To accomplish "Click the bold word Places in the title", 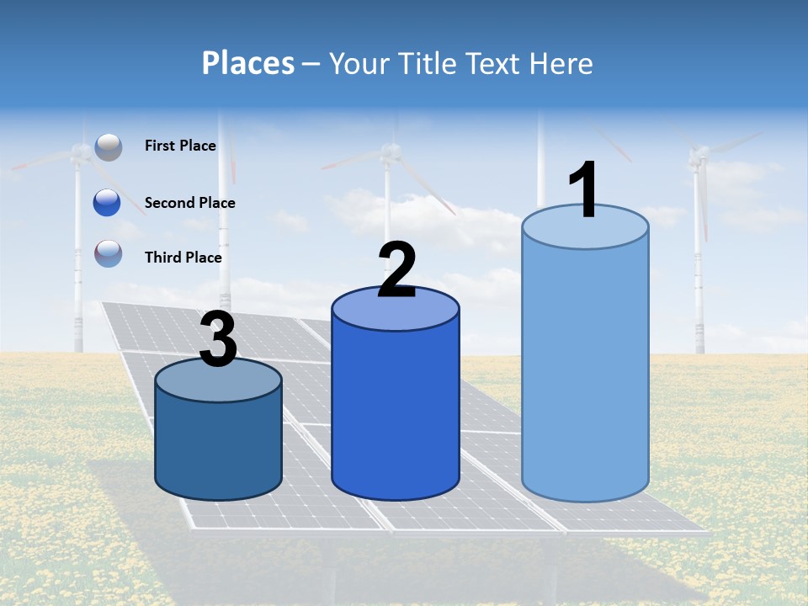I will (x=248, y=63).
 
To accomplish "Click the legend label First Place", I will (x=180, y=146).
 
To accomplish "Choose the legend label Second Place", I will (x=189, y=203).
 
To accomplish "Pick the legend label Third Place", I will (x=183, y=258).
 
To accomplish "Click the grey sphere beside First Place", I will (x=109, y=146).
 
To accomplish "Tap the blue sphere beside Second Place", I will (x=107, y=203).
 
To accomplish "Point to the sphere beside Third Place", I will (x=109, y=252).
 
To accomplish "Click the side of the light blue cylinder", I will (x=585, y=370).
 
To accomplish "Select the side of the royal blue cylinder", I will (x=396, y=412).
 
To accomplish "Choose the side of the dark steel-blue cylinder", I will (x=218, y=446).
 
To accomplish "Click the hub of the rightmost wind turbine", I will (x=698, y=154).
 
